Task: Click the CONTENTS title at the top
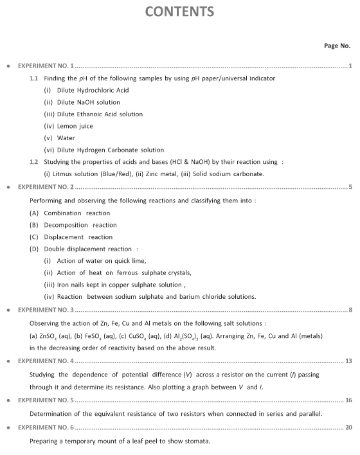[x=179, y=12]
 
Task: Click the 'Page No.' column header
[x=337, y=46]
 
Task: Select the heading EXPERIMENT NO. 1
[x=46, y=66]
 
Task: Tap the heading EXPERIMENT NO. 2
[x=46, y=188]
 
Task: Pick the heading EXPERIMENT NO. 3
[x=46, y=310]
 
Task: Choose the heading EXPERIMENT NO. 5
[x=46, y=400]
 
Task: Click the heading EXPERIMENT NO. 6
[x=46, y=427]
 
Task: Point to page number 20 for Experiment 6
[x=348, y=427]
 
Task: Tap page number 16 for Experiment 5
[x=348, y=400]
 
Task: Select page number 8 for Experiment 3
[x=350, y=310]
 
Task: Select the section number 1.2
[x=34, y=162]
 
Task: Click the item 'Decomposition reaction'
[x=80, y=225]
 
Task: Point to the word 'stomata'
[x=197, y=441]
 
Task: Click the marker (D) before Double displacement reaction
[x=34, y=249]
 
